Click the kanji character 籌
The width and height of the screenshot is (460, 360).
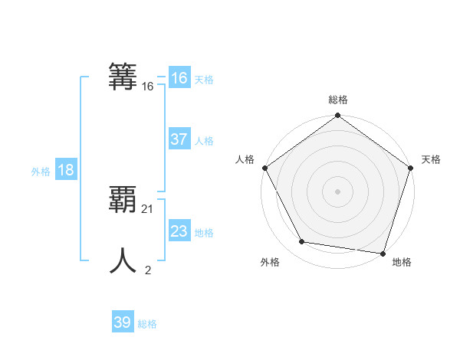[x=123, y=77]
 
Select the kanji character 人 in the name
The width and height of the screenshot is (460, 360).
[x=123, y=260]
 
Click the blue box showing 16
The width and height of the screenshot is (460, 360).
[x=179, y=77]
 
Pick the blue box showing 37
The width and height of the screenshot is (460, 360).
[x=179, y=139]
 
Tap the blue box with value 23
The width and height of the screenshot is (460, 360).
[x=179, y=231]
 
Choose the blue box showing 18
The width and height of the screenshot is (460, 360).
[x=65, y=170]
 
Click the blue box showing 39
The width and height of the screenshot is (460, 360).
[x=122, y=322]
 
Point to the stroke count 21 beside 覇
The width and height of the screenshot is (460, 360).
[x=148, y=208]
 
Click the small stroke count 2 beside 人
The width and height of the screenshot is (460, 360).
[x=148, y=270]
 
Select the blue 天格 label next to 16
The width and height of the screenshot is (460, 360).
[x=204, y=80]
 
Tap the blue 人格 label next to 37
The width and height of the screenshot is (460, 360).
[x=204, y=141]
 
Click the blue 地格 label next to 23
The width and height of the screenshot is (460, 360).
[x=204, y=233]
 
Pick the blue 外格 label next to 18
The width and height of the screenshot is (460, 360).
[x=41, y=172]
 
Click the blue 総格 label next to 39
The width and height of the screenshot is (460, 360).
[x=147, y=325]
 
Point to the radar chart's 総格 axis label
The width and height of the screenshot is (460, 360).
[x=337, y=100]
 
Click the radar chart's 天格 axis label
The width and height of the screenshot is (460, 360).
[x=431, y=159]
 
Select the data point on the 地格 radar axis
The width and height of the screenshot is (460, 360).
[x=383, y=253]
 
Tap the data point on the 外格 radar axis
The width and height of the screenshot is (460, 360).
[x=302, y=242]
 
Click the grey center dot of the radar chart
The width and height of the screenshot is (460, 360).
[x=337, y=191]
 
